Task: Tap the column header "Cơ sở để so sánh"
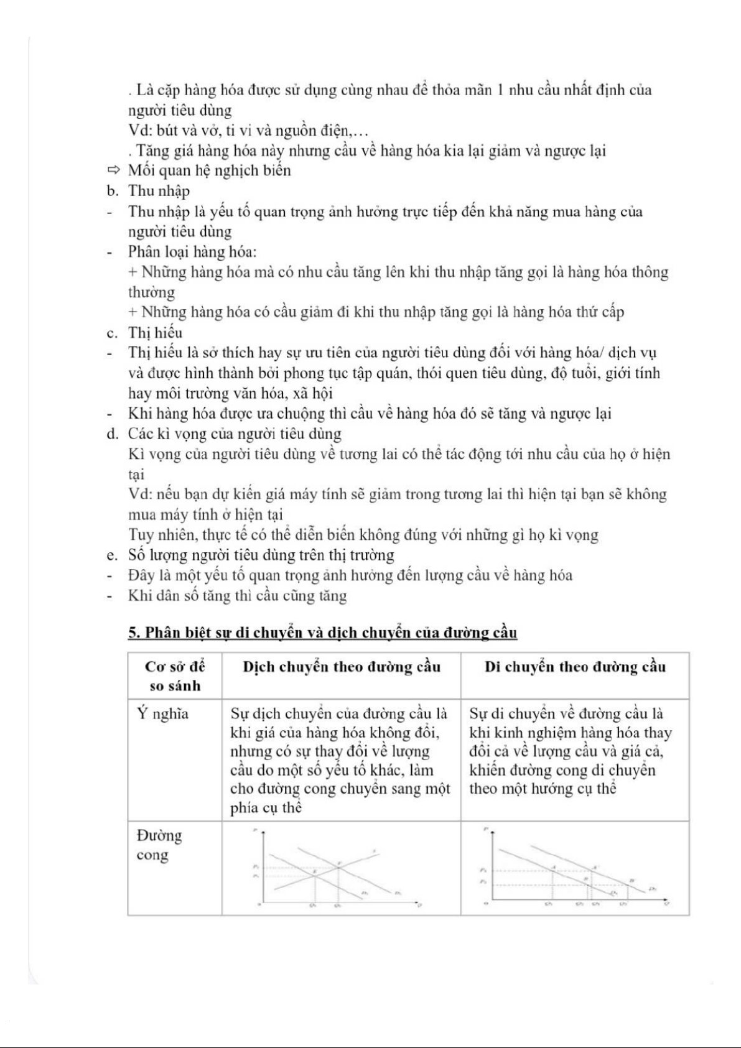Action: tap(175, 676)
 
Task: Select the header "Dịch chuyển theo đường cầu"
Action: tap(342, 667)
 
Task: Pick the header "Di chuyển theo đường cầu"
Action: tap(575, 667)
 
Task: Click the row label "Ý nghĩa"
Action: tap(162, 713)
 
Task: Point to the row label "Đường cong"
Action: tap(159, 845)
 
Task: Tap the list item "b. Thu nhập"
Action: tap(148, 191)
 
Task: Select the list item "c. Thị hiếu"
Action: tap(144, 333)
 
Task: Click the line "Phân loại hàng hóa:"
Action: tap(192, 252)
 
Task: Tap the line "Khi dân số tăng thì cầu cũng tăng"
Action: tap(237, 596)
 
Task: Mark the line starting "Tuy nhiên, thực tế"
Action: tap(363, 535)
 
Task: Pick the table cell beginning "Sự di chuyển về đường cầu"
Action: tap(570, 751)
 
